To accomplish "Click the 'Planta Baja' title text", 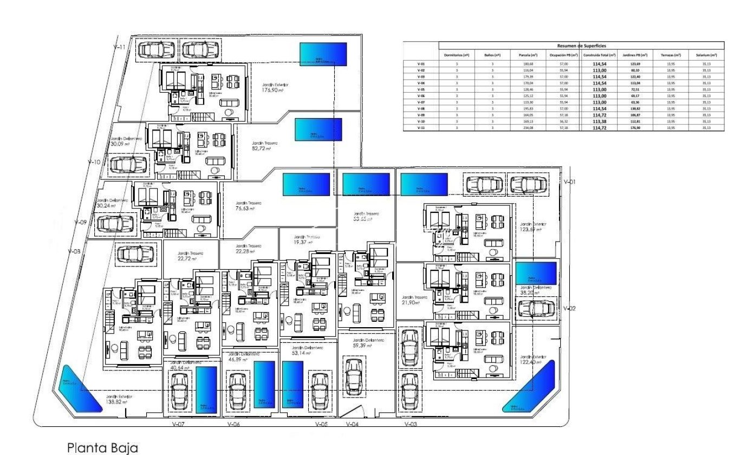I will [102, 448].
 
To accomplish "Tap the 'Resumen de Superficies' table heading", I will [581, 47].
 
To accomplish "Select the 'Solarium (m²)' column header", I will [706, 55].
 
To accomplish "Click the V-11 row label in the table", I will [421, 128].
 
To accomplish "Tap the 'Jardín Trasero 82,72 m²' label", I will [265, 146].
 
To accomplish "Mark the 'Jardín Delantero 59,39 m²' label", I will [368, 343].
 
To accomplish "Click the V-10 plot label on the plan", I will [94, 162].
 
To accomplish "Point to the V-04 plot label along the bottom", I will [352, 425].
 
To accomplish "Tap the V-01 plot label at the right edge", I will [569, 182].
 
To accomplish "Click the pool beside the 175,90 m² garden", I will [323, 54].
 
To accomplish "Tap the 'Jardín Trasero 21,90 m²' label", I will [415, 300].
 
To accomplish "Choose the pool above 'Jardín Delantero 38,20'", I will [536, 273].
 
